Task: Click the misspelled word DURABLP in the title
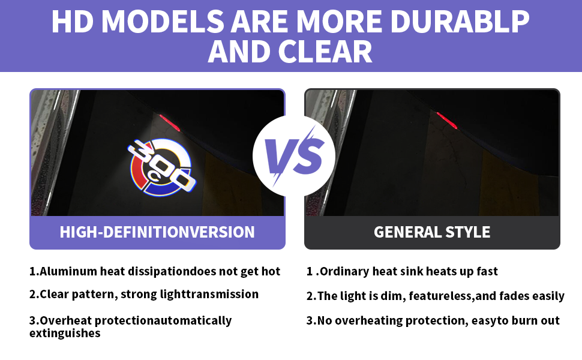point(460,21)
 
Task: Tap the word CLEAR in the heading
point(325,52)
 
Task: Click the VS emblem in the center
point(294,156)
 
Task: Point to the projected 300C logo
point(161,167)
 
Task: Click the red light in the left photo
point(170,122)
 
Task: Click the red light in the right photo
point(447,120)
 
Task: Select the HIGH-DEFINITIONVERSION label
point(157,232)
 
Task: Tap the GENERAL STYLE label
point(432,232)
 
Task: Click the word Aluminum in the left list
point(68,271)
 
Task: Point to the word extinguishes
point(65,333)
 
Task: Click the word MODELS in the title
point(163,21)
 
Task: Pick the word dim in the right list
point(392,296)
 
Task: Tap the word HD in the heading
point(73,21)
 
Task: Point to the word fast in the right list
point(487,271)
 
